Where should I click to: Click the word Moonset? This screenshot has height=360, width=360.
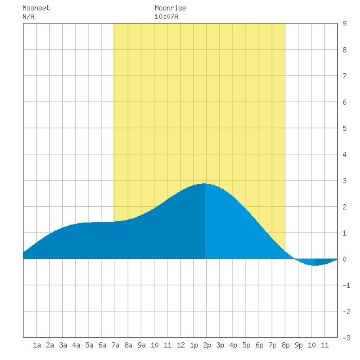36,8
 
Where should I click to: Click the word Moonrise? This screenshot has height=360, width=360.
170,8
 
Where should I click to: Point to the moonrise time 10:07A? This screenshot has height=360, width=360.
166,16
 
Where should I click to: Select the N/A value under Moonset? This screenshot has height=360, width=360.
28,16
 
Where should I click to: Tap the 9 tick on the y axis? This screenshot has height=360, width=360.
344,24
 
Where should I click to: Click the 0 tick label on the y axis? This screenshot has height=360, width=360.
344,259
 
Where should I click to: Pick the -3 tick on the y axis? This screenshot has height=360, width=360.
346,338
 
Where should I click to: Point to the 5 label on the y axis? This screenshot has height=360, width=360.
344,128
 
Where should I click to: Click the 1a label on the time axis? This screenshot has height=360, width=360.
37,345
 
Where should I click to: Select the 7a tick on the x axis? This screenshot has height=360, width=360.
115,345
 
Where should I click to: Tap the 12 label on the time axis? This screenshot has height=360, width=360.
181,345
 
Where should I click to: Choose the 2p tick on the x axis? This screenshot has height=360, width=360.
207,345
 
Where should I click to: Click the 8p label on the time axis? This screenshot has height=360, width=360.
285,345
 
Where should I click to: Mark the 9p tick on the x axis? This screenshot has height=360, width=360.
298,345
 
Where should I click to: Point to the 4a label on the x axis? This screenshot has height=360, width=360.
76,345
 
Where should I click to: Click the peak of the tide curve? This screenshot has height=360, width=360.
204,183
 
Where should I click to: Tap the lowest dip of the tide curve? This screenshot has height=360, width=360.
315,265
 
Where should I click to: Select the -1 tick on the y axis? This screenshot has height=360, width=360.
346,285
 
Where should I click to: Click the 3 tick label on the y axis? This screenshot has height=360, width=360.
344,181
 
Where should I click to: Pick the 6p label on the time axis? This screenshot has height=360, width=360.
259,345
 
